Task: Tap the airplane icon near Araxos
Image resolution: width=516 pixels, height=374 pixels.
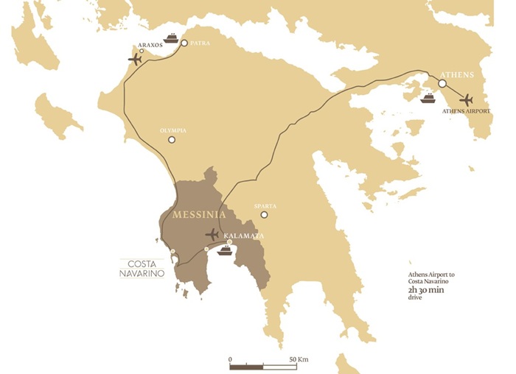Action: click(135, 59)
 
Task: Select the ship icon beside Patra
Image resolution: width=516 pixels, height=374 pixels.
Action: click(171, 38)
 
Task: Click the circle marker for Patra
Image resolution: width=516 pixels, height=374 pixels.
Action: click(184, 43)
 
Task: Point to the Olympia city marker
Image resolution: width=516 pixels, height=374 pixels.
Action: click(172, 139)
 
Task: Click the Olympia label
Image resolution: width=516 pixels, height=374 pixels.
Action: click(172, 130)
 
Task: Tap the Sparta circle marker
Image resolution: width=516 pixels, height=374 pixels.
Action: click(264, 215)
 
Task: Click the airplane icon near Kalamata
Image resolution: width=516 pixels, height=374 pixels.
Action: click(212, 235)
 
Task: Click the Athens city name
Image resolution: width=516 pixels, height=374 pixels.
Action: click(456, 75)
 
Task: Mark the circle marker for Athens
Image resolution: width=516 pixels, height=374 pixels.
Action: click(442, 84)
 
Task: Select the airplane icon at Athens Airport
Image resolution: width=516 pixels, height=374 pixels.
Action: click(465, 99)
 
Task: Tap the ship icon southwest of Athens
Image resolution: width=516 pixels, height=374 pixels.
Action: click(428, 97)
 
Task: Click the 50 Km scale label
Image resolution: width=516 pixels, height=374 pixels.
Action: click(299, 359)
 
